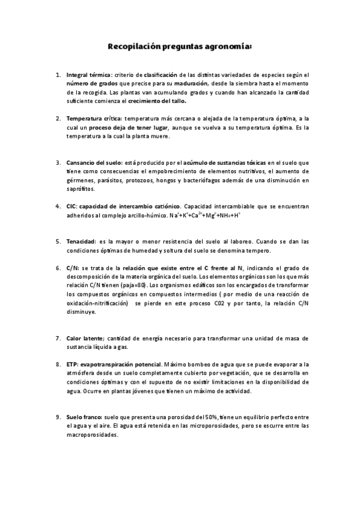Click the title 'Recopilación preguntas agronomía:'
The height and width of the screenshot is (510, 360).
click(x=180, y=46)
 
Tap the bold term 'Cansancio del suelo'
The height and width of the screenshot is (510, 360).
click(x=94, y=162)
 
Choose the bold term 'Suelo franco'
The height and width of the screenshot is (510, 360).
click(x=84, y=416)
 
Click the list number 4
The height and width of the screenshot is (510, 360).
click(x=58, y=206)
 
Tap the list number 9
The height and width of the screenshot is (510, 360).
click(x=58, y=416)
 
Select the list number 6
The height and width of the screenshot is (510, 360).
click(x=58, y=268)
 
